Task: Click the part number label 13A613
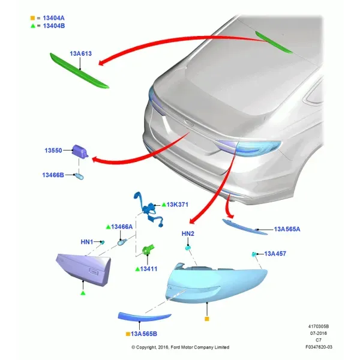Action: (80, 53)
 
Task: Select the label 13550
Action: (53, 151)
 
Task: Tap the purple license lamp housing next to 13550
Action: (80, 152)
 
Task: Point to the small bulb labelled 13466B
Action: (80, 176)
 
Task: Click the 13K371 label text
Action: (177, 205)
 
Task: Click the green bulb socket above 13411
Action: (148, 250)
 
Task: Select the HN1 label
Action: (87, 242)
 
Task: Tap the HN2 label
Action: (188, 233)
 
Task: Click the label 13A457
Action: (275, 253)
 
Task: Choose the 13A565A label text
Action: (287, 229)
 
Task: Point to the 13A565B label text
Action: (144, 334)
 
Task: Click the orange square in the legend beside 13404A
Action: (32, 18)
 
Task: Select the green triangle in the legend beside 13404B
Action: (33, 26)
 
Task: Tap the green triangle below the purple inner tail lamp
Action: (83, 293)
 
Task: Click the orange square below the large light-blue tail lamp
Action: (207, 319)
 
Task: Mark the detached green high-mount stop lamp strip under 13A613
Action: (79, 70)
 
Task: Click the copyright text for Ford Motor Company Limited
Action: (180, 347)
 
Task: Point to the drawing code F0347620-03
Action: (319, 347)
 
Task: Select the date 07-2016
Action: (319, 333)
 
